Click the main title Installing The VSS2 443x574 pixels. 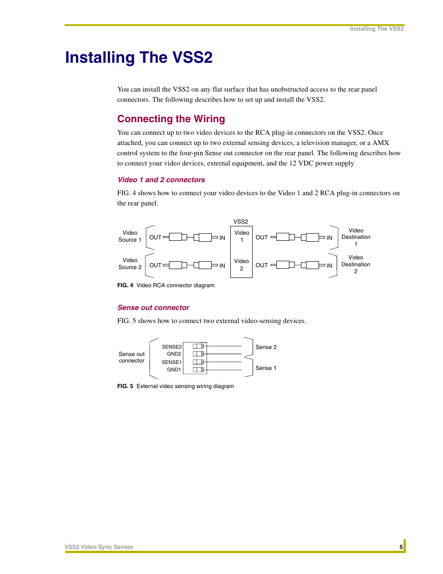[139, 58]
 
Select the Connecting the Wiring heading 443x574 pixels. [171, 119]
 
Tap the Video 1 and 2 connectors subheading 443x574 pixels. [161, 180]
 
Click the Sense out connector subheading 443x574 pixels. [153, 308]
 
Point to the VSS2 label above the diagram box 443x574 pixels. [241, 222]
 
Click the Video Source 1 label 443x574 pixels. [130, 236]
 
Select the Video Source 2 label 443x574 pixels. [130, 264]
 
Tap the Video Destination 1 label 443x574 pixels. [356, 237]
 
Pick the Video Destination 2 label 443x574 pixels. [356, 264]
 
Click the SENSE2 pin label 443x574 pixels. [171, 347]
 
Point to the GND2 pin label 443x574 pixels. [174, 354]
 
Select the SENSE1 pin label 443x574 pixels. [171, 362]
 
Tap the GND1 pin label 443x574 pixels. [174, 369]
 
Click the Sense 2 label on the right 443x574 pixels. [266, 347]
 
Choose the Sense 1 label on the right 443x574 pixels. [266, 368]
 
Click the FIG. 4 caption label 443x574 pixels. [125, 285]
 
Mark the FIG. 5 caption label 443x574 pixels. [125, 386]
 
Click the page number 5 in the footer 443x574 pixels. [401, 547]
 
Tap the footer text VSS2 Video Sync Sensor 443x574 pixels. [99, 547]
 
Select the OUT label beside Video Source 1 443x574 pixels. [155, 238]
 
